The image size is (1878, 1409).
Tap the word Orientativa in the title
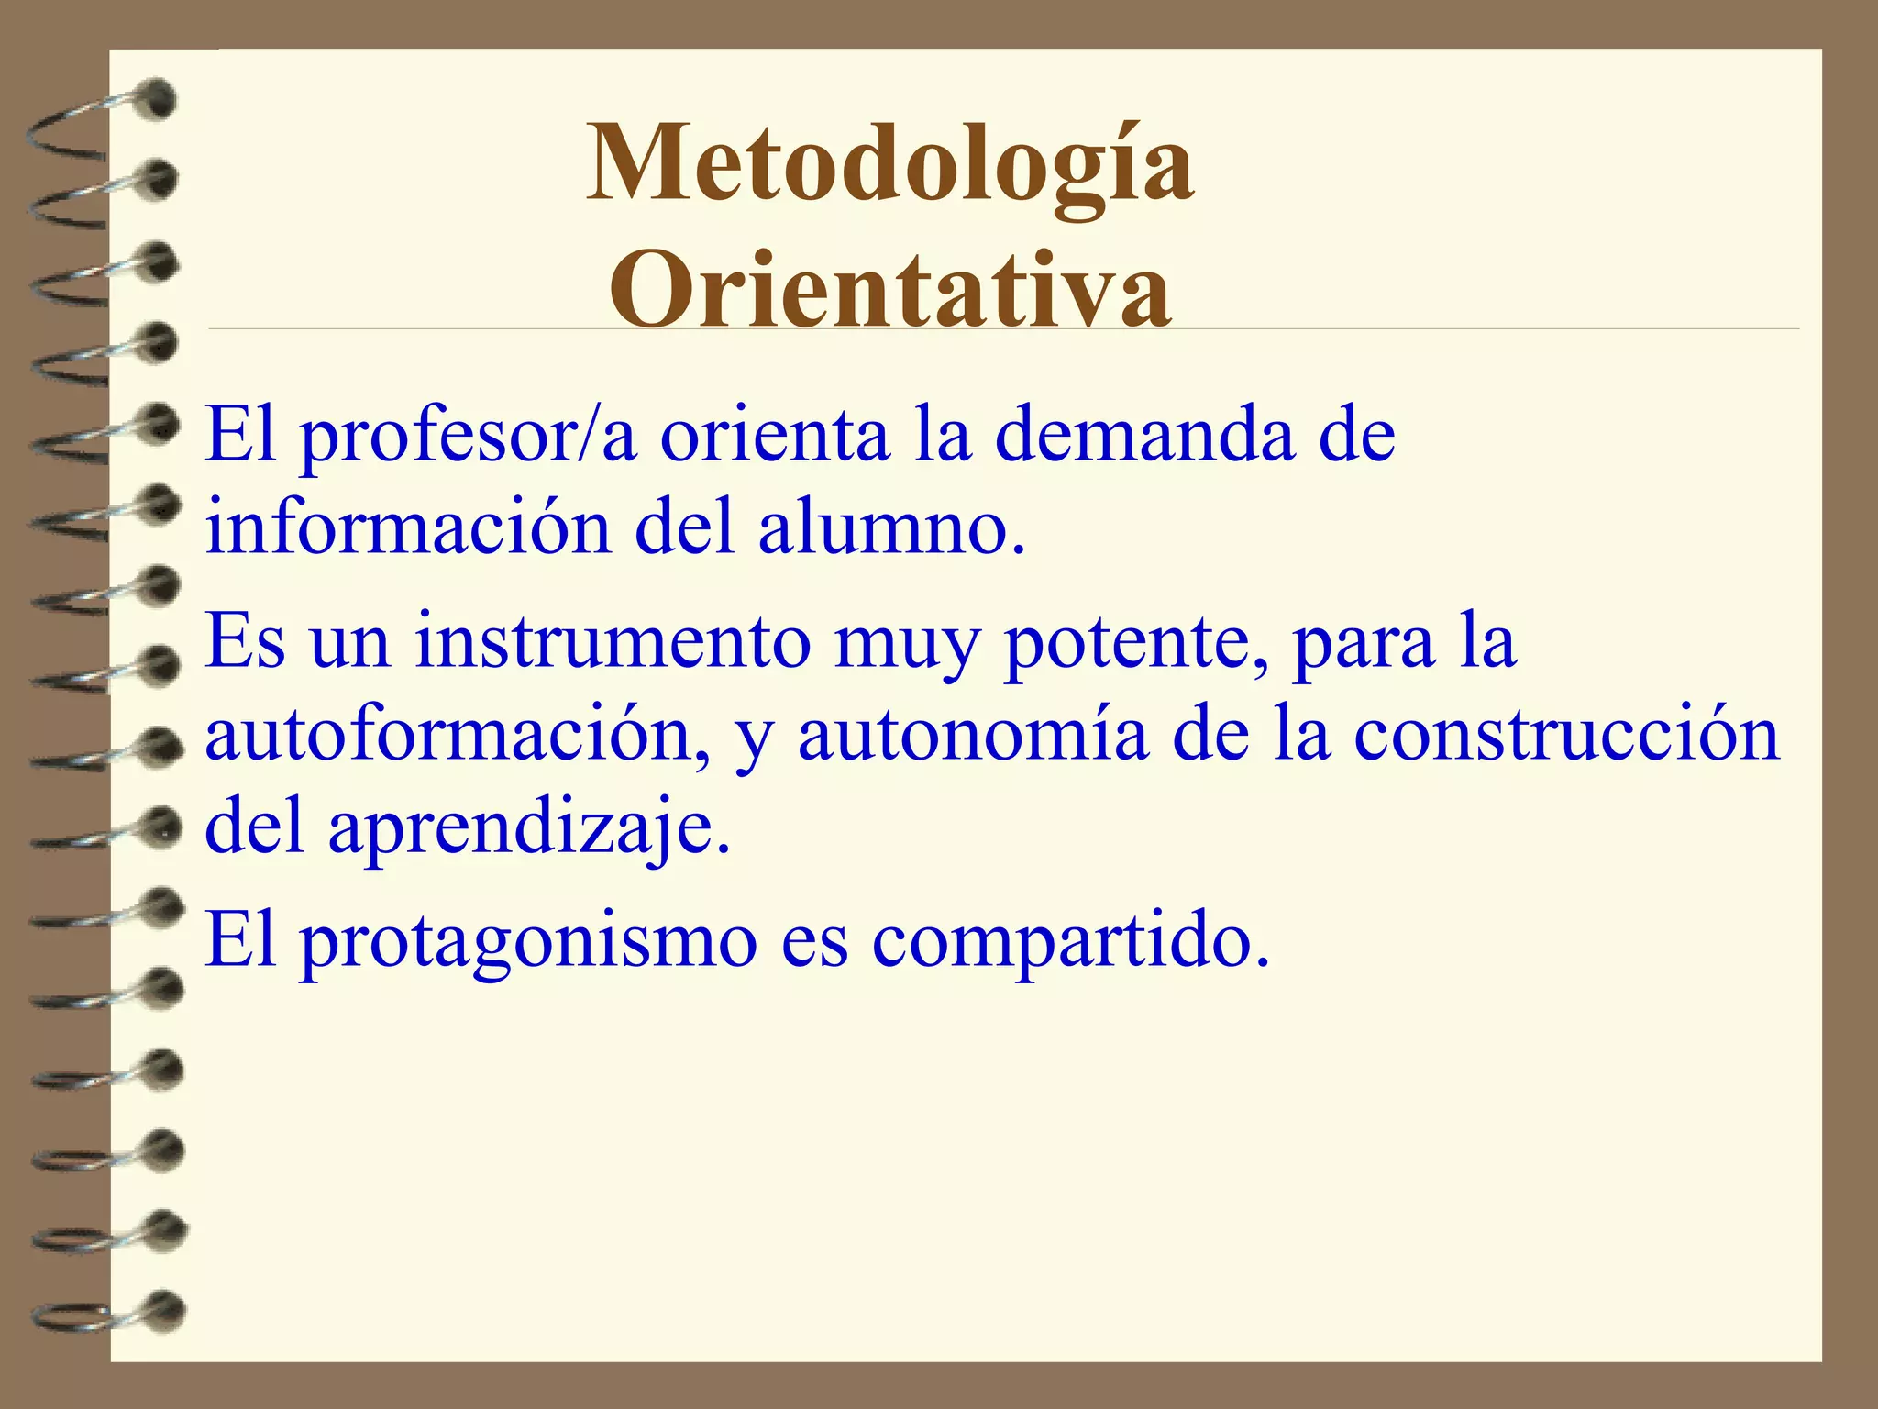(889, 289)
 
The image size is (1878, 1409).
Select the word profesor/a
(468, 435)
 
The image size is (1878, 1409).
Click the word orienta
(775, 435)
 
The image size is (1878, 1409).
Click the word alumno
(889, 529)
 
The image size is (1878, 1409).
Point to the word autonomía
(972, 738)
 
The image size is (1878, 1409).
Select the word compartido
(1070, 943)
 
